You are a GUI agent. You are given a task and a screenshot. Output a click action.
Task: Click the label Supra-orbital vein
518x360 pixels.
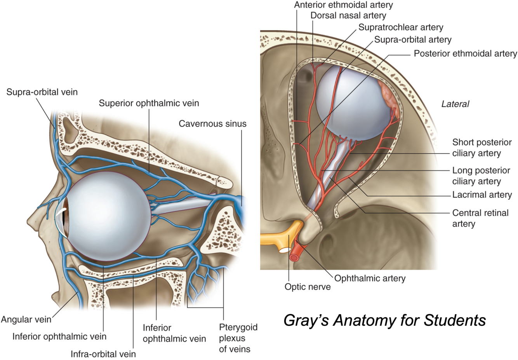(42, 92)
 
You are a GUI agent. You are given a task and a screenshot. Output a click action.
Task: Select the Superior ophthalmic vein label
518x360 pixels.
(149, 103)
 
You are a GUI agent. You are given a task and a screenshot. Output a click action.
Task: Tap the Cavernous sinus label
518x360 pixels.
(212, 124)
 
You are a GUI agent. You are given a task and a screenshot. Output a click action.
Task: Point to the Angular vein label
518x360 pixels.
(26, 320)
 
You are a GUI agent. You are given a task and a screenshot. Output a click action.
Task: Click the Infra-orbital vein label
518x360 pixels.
(103, 354)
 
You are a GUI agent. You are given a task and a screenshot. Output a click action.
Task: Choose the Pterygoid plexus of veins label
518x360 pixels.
(238, 338)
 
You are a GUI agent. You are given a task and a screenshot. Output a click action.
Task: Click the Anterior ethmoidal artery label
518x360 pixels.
(343, 5)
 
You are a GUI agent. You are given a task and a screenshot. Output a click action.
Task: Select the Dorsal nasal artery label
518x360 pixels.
(348, 16)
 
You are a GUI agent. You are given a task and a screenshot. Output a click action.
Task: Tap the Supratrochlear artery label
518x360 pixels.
(401, 27)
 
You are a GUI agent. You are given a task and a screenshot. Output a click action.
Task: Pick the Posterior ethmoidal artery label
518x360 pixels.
(465, 54)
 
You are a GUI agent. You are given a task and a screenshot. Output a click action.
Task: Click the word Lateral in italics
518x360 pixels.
(455, 104)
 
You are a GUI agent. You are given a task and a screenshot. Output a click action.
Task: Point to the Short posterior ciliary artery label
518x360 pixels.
(482, 148)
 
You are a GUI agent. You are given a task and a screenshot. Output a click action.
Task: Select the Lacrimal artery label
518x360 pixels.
(482, 195)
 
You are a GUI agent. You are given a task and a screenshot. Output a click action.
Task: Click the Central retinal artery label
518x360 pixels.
(480, 218)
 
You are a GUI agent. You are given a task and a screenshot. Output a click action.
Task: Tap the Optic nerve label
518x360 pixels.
(308, 287)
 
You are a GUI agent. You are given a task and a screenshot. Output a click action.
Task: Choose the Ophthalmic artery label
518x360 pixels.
(370, 278)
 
